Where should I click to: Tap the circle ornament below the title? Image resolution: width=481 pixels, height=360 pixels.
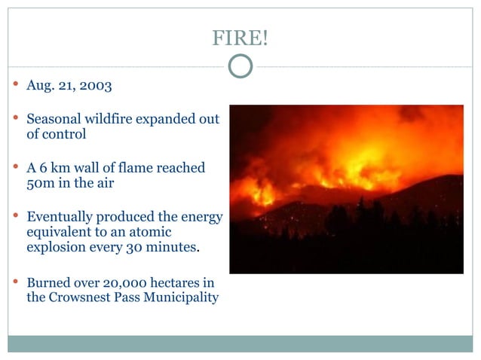click(x=240, y=66)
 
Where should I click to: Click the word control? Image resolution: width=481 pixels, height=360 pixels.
click(x=65, y=135)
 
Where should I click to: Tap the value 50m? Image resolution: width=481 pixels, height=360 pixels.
click(x=42, y=183)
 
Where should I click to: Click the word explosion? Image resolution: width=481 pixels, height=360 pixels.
click(x=57, y=247)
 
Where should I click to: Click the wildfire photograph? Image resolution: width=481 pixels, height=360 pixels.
click(x=346, y=188)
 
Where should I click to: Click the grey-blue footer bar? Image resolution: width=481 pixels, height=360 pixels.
click(x=240, y=343)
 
